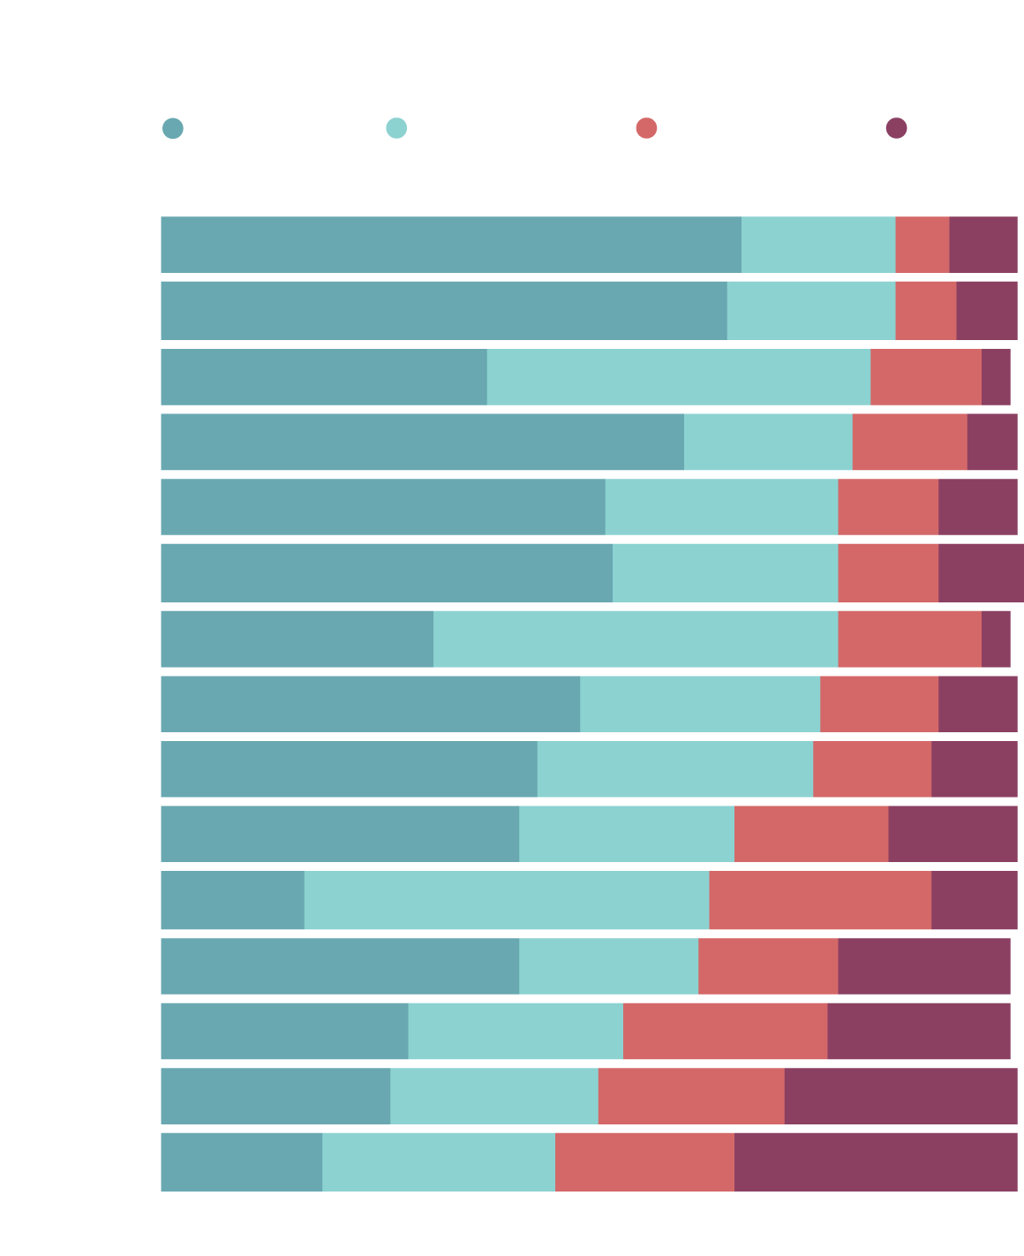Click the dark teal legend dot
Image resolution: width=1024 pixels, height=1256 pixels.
pos(173,128)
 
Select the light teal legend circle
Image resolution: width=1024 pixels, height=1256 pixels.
pos(396,128)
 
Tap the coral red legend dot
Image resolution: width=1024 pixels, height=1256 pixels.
pos(646,128)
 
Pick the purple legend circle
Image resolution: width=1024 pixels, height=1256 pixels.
pos(896,128)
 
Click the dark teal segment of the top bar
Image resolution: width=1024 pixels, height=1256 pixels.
pos(450,245)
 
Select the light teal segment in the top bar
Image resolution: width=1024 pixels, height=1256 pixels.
pos(818,245)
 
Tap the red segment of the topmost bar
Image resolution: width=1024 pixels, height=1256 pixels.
pos(922,245)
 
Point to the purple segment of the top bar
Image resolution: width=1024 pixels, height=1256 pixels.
pos(983,245)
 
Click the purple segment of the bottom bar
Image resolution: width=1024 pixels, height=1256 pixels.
pos(875,1161)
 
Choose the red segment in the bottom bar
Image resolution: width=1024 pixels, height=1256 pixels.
pos(644,1161)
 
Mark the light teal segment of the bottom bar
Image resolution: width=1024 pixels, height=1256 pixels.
pos(439,1161)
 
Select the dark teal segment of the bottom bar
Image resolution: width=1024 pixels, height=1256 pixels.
pos(241,1161)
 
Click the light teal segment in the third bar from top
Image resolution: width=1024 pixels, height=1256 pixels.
pos(678,377)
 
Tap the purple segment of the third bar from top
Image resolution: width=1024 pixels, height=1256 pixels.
pos(996,377)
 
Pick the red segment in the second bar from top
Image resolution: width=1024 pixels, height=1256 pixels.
pos(925,310)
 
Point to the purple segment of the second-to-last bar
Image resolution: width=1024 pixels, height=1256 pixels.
pos(900,1096)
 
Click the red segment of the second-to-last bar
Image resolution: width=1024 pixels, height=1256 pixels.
pos(690,1096)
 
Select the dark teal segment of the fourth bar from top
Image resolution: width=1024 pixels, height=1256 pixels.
pos(422,442)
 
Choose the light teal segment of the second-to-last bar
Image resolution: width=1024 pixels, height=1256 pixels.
pos(493,1096)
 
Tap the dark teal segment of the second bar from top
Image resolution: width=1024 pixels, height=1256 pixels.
pos(443,310)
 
